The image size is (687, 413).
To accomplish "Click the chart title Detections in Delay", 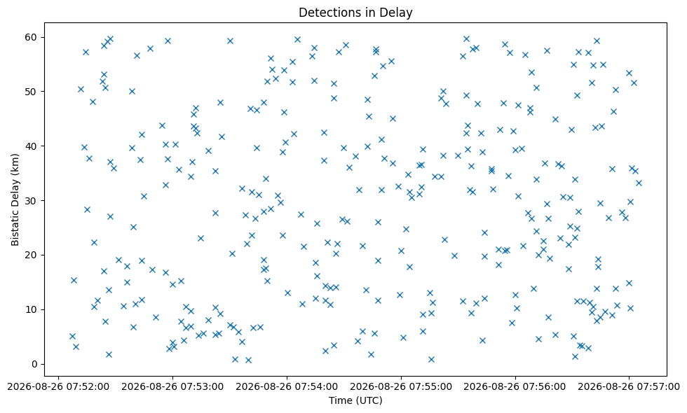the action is (355, 13).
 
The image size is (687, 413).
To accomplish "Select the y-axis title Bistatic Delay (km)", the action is (15, 199).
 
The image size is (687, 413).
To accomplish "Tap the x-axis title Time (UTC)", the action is (355, 400).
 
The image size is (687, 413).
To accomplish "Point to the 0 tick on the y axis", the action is (34, 364).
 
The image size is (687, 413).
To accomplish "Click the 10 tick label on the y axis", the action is (32, 309).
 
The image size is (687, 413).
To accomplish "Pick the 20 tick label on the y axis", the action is (32, 255).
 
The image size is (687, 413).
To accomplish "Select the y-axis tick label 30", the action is (32, 201).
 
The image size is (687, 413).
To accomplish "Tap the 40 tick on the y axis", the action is (32, 146).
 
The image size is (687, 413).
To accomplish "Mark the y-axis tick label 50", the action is (32, 92).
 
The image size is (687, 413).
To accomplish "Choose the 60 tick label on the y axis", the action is (32, 37).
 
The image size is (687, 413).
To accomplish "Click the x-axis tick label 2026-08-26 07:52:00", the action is (58, 386).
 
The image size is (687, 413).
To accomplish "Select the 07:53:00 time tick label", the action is (172, 386).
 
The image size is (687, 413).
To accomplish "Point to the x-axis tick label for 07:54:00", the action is (287, 386).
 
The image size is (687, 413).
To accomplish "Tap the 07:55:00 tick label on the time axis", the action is (401, 386).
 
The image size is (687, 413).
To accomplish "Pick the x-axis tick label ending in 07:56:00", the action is (515, 386).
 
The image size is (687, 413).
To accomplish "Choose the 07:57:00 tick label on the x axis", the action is (629, 386).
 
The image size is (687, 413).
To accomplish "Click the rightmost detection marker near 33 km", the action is (639, 183).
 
